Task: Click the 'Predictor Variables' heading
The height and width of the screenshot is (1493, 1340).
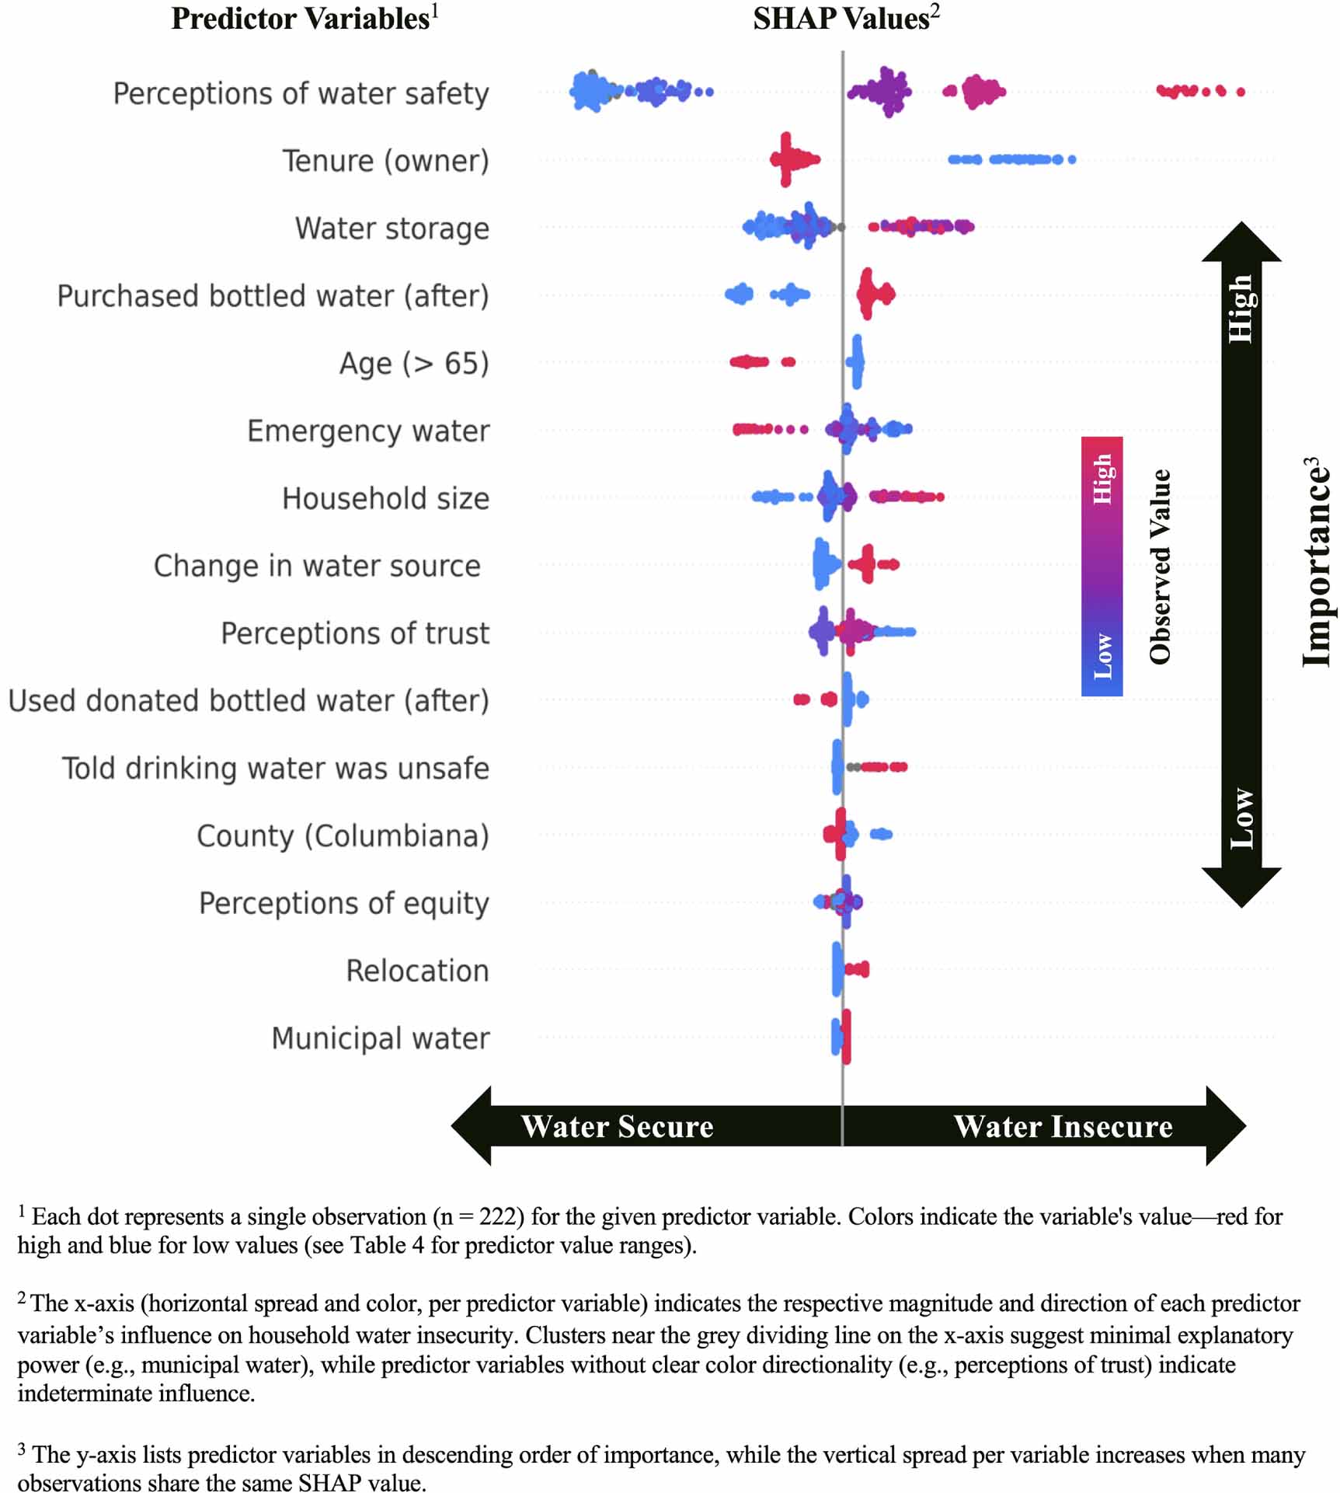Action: pyautogui.click(x=300, y=19)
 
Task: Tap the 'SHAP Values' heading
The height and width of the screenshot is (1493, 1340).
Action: pyautogui.click(x=841, y=19)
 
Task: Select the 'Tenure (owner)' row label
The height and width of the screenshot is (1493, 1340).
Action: pyautogui.click(x=385, y=161)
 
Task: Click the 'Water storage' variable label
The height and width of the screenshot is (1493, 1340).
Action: pyautogui.click(x=392, y=228)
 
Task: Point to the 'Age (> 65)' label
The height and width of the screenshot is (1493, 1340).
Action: pyautogui.click(x=413, y=364)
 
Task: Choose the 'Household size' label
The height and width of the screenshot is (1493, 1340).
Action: pyautogui.click(x=385, y=498)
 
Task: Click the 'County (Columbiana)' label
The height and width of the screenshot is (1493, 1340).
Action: pyautogui.click(x=343, y=836)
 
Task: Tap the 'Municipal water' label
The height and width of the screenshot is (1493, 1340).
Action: pyautogui.click(x=380, y=1038)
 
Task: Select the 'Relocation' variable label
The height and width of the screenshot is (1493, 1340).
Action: pyautogui.click(x=417, y=971)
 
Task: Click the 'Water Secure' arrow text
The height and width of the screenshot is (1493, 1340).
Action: pyautogui.click(x=617, y=1127)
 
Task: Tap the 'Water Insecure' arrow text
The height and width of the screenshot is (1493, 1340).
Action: pyautogui.click(x=1063, y=1127)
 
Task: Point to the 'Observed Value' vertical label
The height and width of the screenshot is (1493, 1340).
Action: pyautogui.click(x=1160, y=567)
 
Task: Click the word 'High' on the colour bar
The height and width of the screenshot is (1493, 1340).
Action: pyautogui.click(x=1102, y=480)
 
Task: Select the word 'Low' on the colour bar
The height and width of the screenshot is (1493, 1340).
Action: pyautogui.click(x=1102, y=656)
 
